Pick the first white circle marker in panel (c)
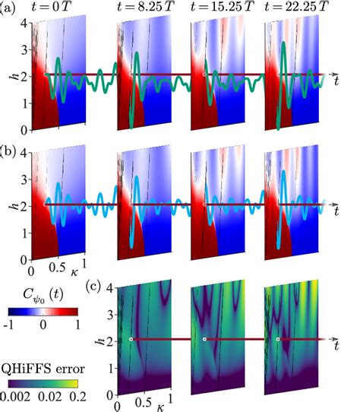tap(131, 339)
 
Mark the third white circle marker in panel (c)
tap(278, 339)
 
